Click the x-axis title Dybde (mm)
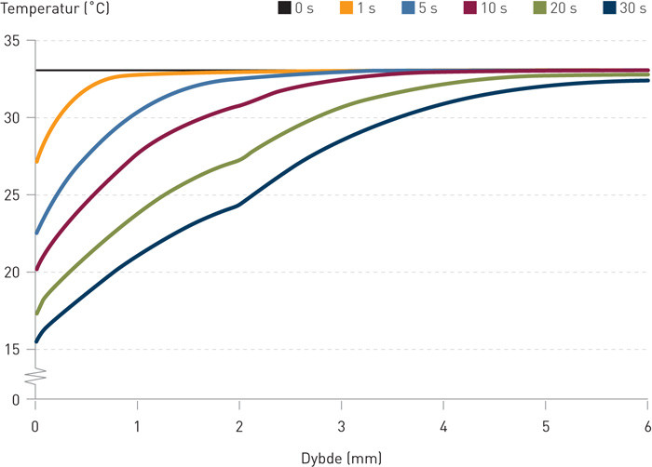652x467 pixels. [x=342, y=458]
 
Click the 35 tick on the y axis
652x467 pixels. [x=13, y=41]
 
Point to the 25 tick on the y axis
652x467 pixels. [x=13, y=195]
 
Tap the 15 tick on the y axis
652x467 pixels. [x=13, y=350]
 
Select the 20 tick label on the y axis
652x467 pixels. [x=13, y=273]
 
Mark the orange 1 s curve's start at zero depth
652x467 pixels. [x=36, y=161]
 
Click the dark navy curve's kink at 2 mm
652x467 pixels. [x=239, y=205]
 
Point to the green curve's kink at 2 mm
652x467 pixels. [x=239, y=160]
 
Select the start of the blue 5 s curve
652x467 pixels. [x=36, y=233]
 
